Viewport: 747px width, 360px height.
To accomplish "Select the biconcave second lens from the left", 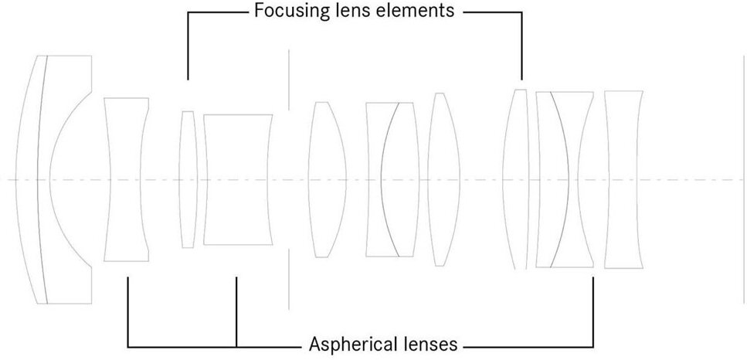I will click(x=126, y=179).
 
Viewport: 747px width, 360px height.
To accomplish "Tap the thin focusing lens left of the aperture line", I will click(x=188, y=179).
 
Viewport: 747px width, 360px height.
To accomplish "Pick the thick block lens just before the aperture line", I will click(x=238, y=179).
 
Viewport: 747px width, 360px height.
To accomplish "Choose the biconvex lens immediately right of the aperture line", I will click(x=323, y=179).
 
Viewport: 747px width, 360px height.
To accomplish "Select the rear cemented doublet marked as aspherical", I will click(x=564, y=179).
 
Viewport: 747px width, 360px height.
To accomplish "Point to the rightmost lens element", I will click(x=623, y=179).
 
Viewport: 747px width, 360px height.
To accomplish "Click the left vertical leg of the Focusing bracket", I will click(x=188, y=46).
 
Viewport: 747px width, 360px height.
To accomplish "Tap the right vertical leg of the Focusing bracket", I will click(x=522, y=46).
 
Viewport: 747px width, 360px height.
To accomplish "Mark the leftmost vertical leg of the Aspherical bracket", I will click(x=127, y=309).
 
